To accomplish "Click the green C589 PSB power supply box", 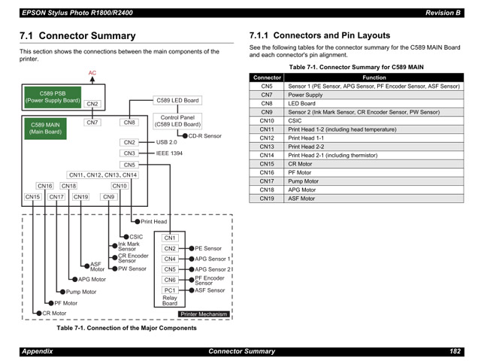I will (x=53, y=97).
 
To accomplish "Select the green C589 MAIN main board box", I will (x=45, y=128).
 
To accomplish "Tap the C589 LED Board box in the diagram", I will (x=177, y=100).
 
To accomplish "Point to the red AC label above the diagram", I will (x=92, y=74).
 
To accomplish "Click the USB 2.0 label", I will (x=166, y=141).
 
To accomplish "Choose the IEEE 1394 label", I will (x=169, y=153).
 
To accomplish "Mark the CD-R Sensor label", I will (x=204, y=136).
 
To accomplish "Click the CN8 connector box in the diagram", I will (x=129, y=122).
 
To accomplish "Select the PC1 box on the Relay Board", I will (x=170, y=290).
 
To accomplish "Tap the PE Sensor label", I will (x=208, y=248).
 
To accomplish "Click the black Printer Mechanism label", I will (x=203, y=314).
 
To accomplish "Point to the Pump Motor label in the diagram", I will (x=81, y=292).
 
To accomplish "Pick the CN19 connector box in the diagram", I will (x=80, y=197).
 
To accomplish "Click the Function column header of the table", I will (x=374, y=77).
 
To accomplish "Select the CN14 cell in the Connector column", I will (x=267, y=155).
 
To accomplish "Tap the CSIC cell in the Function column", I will (x=295, y=120).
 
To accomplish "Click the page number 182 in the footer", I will (x=455, y=351).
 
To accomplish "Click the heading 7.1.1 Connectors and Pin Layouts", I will (x=319, y=35).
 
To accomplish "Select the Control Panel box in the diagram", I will (x=177, y=120).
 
